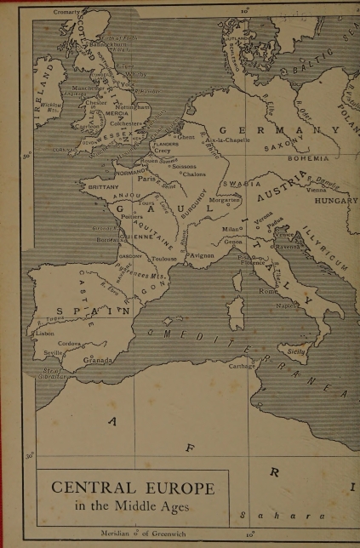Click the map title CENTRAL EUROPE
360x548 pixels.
133,488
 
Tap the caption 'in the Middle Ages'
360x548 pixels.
132,506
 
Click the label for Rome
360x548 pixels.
269,291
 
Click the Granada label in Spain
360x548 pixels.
97,360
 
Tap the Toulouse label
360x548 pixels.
163,258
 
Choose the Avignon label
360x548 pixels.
202,254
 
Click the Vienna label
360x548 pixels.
317,191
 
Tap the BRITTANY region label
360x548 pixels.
104,186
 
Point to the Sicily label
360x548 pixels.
297,349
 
